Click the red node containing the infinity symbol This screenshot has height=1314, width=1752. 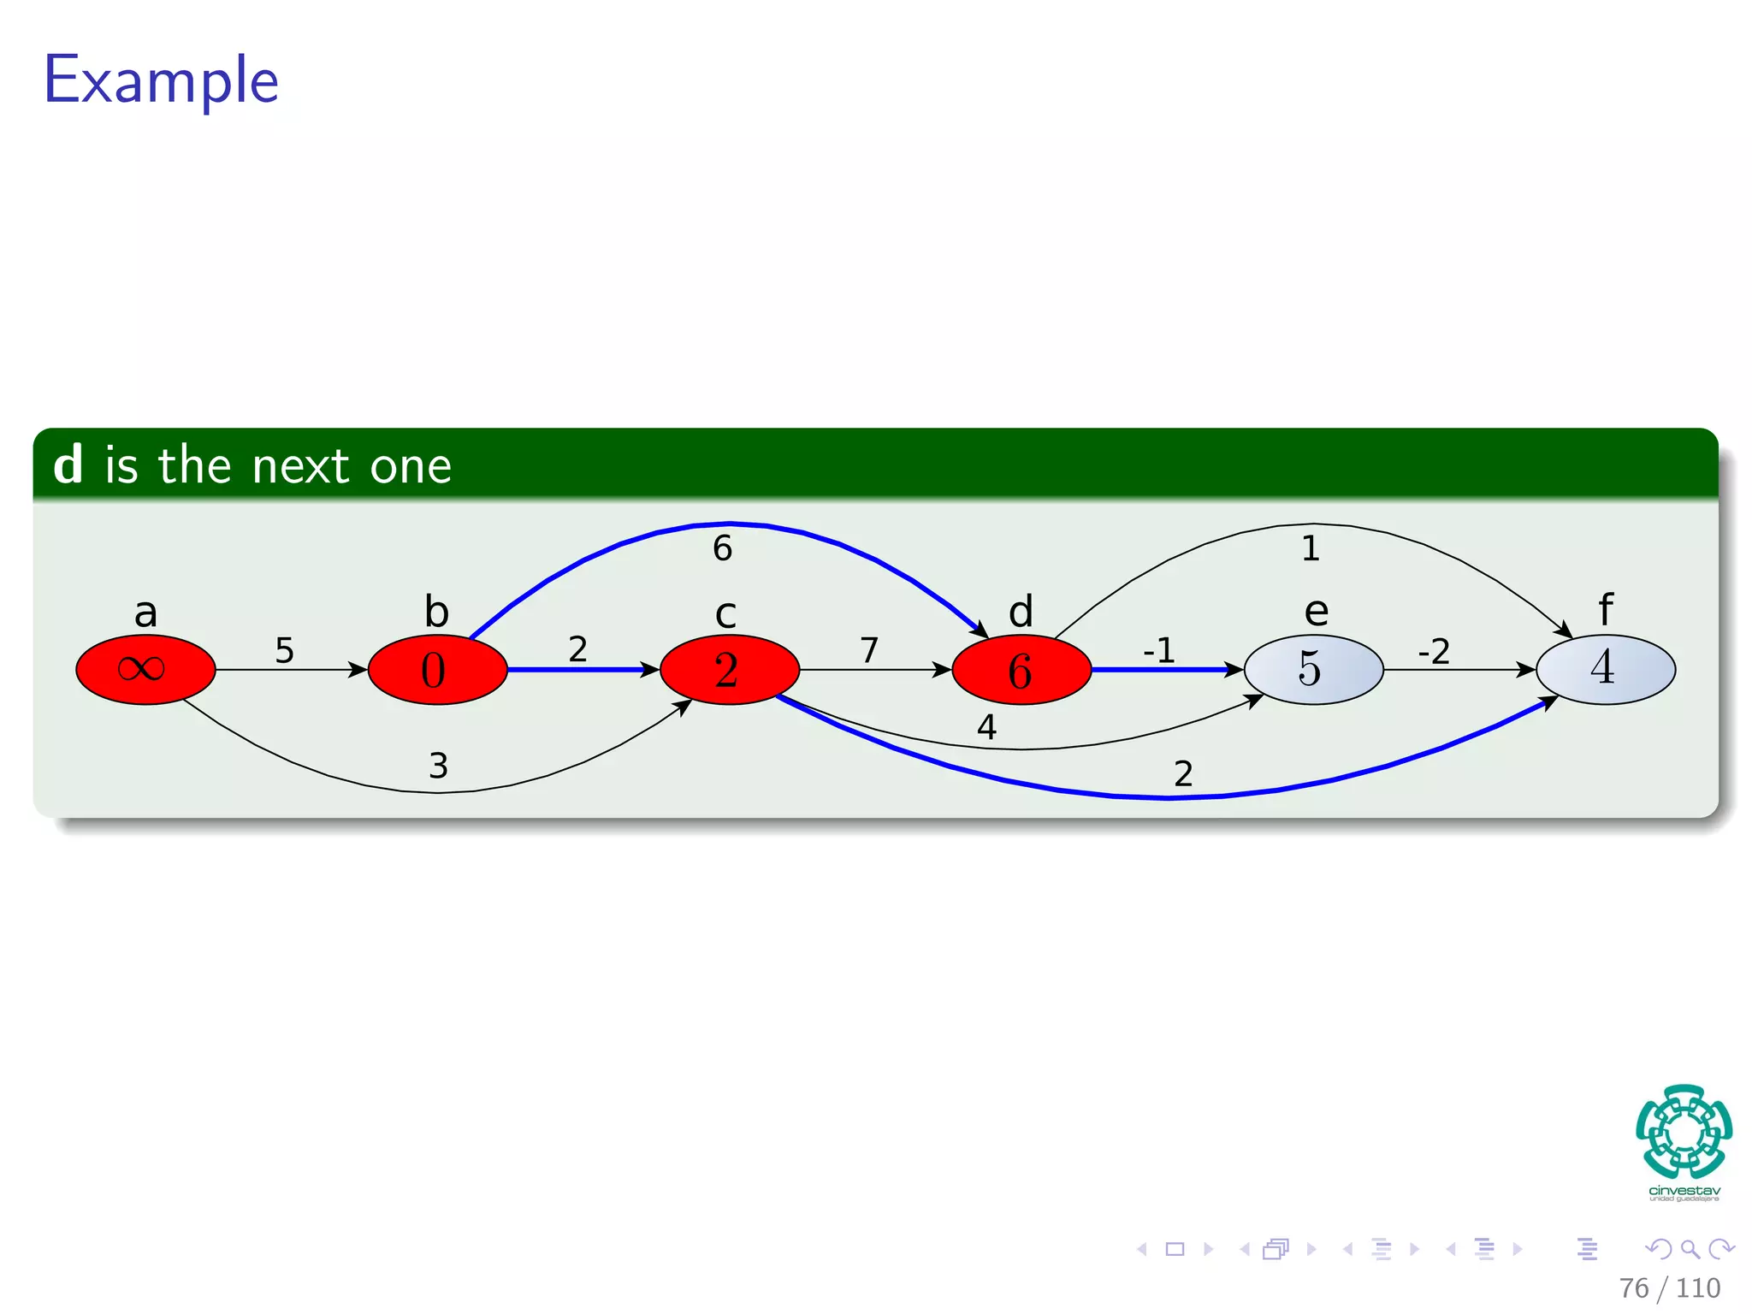[145, 669]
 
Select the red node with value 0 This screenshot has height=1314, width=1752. [437, 669]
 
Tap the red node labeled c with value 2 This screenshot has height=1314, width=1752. [729, 669]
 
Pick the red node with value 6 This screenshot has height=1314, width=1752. [1021, 669]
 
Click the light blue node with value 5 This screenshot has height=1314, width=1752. [1313, 669]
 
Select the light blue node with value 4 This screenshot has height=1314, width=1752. [1605, 669]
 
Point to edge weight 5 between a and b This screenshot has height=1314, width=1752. [284, 650]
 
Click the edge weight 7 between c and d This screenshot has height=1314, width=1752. [869, 650]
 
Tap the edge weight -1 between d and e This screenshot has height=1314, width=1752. [1159, 651]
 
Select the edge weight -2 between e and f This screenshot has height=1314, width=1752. [1434, 652]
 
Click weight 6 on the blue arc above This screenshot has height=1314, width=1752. [722, 548]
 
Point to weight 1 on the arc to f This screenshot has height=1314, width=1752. [1311, 548]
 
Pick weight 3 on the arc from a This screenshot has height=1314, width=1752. [438, 766]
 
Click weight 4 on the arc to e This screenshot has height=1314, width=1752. [986, 727]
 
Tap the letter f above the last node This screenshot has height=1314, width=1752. [1606, 610]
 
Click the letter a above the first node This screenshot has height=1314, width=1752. [145, 613]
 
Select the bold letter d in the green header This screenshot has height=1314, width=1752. [68, 465]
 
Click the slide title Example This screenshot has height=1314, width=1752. [161, 80]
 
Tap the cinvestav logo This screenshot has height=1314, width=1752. [1684, 1142]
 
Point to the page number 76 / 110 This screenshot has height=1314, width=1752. [1669, 1287]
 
